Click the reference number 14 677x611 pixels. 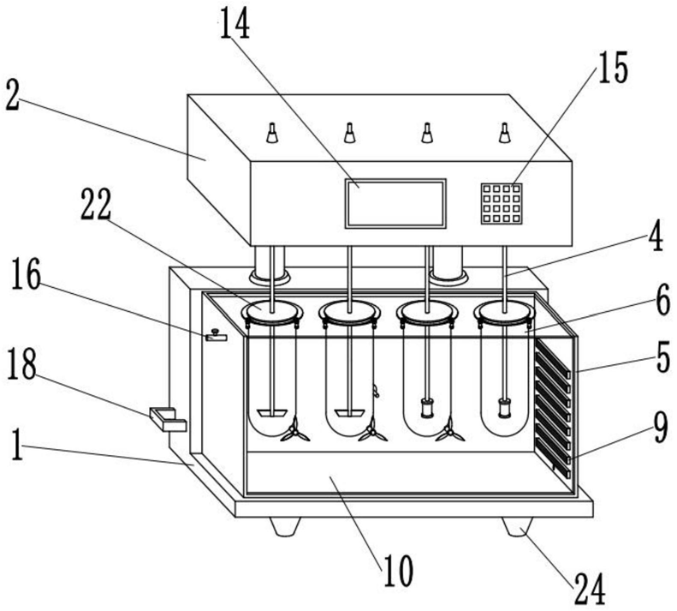pyautogui.click(x=235, y=23)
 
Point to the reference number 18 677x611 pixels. pyautogui.click(x=21, y=364)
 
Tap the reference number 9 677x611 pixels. pyautogui.click(x=661, y=427)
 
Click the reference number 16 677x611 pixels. pyautogui.click(x=26, y=273)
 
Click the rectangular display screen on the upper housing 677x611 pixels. pyautogui.click(x=395, y=203)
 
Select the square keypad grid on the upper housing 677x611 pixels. pyautogui.click(x=502, y=204)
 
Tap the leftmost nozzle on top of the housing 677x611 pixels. pyautogui.click(x=272, y=133)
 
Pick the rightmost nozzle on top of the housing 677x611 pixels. pyautogui.click(x=504, y=133)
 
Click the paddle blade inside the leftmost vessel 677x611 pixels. pyautogui.click(x=272, y=413)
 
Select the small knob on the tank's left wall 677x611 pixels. pyautogui.click(x=217, y=336)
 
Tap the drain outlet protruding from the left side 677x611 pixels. pyautogui.click(x=168, y=419)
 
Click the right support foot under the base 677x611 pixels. pyautogui.click(x=517, y=527)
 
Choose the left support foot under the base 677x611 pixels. pyautogui.click(x=285, y=527)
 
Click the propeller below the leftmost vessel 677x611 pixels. pyautogui.click(x=295, y=430)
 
